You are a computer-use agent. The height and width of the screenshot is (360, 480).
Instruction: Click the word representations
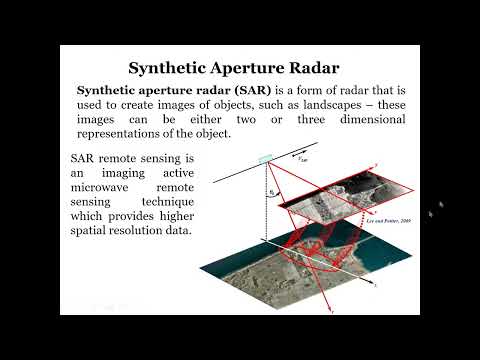coord(121,135)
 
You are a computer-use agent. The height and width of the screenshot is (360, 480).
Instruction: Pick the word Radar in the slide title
coord(311,68)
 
